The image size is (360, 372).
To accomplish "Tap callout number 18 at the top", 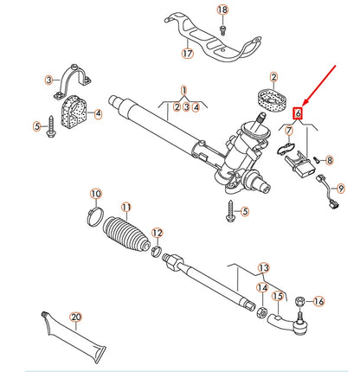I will point(222,10).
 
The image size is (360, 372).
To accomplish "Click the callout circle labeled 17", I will point(188,53).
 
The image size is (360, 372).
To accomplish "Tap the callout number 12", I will point(157,233).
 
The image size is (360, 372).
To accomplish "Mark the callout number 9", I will point(340,187).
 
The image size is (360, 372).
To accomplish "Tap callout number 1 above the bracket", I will point(183,90).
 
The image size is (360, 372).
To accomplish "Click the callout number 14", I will point(261,288).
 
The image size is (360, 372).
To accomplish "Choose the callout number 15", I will point(278,297).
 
